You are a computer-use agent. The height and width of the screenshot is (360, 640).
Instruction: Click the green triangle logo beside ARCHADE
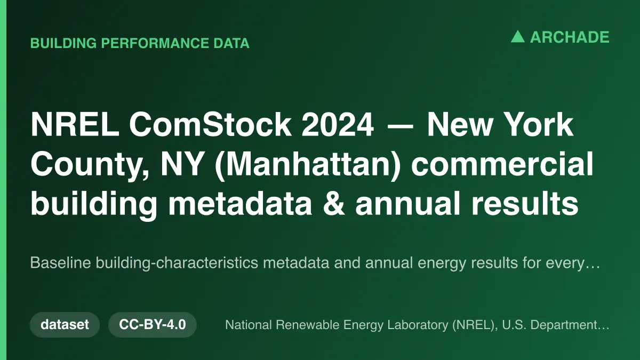[518, 37]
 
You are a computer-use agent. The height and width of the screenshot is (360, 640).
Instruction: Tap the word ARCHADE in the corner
[570, 37]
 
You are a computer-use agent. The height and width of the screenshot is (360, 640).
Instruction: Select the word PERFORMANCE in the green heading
[155, 43]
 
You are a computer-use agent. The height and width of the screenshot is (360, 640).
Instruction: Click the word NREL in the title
[75, 125]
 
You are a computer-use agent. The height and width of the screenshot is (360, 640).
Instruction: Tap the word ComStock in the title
[210, 125]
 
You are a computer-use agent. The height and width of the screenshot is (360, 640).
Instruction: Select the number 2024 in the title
[338, 125]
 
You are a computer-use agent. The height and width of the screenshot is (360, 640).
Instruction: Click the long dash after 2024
[400, 126]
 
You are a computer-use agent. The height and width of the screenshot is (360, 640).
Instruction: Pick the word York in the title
[538, 125]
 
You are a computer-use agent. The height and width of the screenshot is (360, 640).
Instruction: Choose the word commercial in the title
[502, 164]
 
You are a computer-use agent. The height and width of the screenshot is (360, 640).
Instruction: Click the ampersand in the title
[334, 204]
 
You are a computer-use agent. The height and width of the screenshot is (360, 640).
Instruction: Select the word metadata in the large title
[240, 203]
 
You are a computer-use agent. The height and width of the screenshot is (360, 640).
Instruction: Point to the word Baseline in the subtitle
[61, 262]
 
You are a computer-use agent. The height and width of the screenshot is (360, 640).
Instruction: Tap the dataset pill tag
[65, 325]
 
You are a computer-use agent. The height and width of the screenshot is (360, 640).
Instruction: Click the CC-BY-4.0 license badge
[153, 325]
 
